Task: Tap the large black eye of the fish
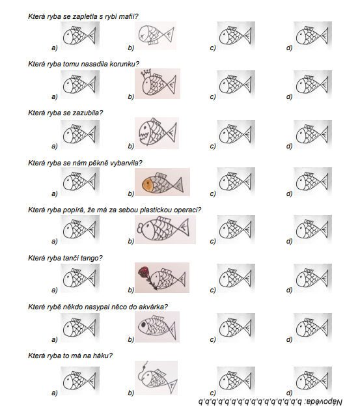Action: pos(144,325)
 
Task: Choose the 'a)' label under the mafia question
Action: pos(55,48)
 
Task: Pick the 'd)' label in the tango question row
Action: pos(289,290)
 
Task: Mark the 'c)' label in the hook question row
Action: pos(213,393)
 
